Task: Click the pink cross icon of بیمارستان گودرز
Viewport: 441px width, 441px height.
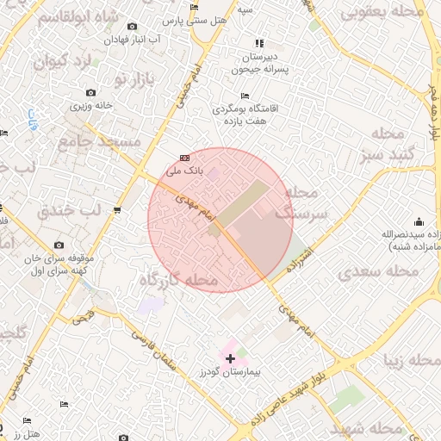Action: (230, 357)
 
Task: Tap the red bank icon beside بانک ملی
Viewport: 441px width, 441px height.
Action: (184, 158)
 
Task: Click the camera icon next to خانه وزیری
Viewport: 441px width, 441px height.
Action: (90, 93)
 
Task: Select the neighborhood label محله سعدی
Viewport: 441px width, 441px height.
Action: (380, 271)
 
